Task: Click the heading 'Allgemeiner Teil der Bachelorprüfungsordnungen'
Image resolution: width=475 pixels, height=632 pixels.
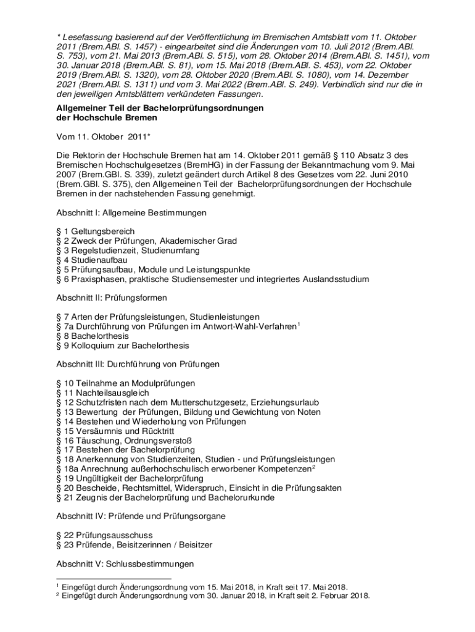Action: (160, 108)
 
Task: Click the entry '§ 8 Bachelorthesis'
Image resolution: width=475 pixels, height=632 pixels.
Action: (93, 336)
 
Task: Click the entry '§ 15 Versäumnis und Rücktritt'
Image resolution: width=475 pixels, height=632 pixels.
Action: (112, 431)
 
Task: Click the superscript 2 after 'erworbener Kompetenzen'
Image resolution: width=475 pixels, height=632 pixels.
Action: (313, 467)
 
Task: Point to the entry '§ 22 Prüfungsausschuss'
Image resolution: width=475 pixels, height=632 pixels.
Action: (104, 535)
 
